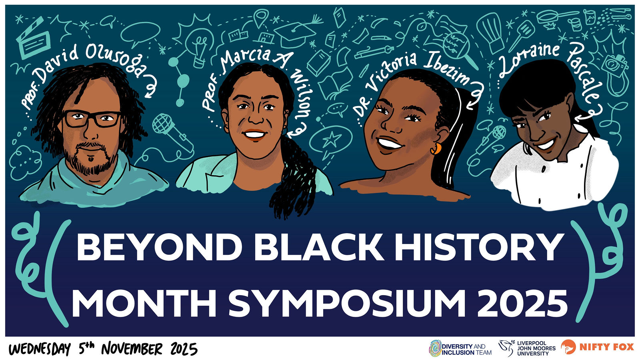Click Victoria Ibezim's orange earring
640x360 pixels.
436,148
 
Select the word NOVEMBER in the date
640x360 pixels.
132,349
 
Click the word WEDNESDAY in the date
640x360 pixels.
40,349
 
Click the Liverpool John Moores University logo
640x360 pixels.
527,348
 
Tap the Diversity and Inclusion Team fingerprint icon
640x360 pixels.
435,348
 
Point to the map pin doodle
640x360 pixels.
261,17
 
